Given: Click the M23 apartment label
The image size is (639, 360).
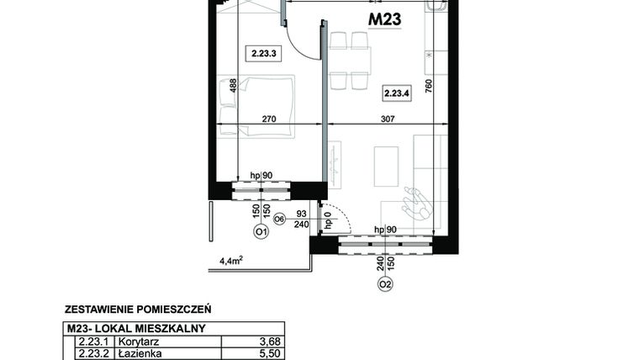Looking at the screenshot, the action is tap(385, 19).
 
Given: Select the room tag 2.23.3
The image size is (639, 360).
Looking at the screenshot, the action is tap(264, 53).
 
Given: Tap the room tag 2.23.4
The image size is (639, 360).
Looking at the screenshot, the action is tap(397, 93).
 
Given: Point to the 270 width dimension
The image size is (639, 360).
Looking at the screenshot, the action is tap(269, 119).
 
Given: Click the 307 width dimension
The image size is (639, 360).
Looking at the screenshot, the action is tap(388, 119).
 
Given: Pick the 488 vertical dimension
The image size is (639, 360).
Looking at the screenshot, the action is tap(233, 86).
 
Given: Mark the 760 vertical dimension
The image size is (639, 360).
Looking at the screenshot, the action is tap(428, 86).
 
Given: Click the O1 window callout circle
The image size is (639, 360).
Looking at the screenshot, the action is tap(261, 232).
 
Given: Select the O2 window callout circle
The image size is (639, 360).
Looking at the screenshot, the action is tap(385, 283).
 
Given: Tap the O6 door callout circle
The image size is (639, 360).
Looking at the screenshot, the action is tap(279, 220).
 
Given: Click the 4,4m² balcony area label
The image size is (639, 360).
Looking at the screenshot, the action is tap(231, 261).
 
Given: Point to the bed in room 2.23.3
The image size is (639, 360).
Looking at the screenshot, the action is tap(256, 105).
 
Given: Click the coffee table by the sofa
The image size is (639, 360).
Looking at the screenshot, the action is tap(386, 167).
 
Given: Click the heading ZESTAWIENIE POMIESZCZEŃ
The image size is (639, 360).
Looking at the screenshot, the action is tap(138, 310).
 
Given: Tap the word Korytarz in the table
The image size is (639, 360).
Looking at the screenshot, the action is tap(139, 341).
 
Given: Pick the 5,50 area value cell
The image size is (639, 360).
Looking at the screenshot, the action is tap(270, 354).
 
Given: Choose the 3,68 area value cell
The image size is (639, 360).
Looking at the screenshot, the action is tap(270, 341).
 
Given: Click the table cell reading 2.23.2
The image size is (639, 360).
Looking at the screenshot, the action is tap(94, 354).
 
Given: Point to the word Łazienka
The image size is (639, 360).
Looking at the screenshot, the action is tap(140, 353).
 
